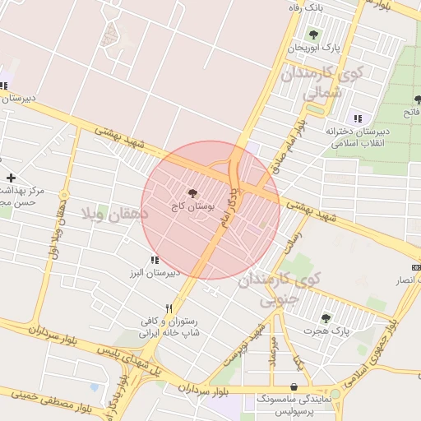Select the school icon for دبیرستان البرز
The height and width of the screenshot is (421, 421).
coord(155,260)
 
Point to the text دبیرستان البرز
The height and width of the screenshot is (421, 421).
coord(153,272)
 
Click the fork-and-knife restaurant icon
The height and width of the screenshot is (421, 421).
coord(169,308)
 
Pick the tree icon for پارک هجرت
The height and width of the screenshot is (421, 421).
coord(326,317)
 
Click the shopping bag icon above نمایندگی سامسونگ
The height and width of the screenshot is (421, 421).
coord(294,386)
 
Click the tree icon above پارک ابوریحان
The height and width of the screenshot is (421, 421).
coord(313,35)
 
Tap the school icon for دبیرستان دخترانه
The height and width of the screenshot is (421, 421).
coord(357,118)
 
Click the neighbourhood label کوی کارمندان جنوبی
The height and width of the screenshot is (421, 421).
coord(280,289)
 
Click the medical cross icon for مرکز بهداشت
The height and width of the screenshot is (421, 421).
coord(11,178)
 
